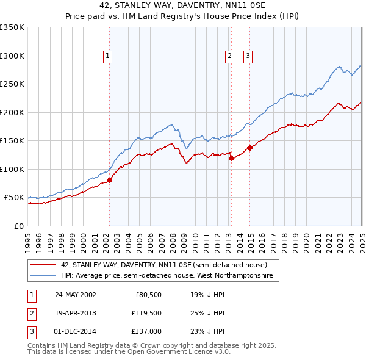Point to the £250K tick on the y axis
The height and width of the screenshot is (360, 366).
tap(12, 84)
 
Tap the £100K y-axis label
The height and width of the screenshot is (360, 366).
tap(12, 169)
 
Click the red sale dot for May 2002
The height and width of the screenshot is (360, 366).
tap(110, 180)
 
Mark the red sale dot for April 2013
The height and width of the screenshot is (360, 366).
tap(231, 158)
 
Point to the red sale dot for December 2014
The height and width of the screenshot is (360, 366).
tap(249, 148)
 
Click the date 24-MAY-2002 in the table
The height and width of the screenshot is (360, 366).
tap(76, 294)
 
